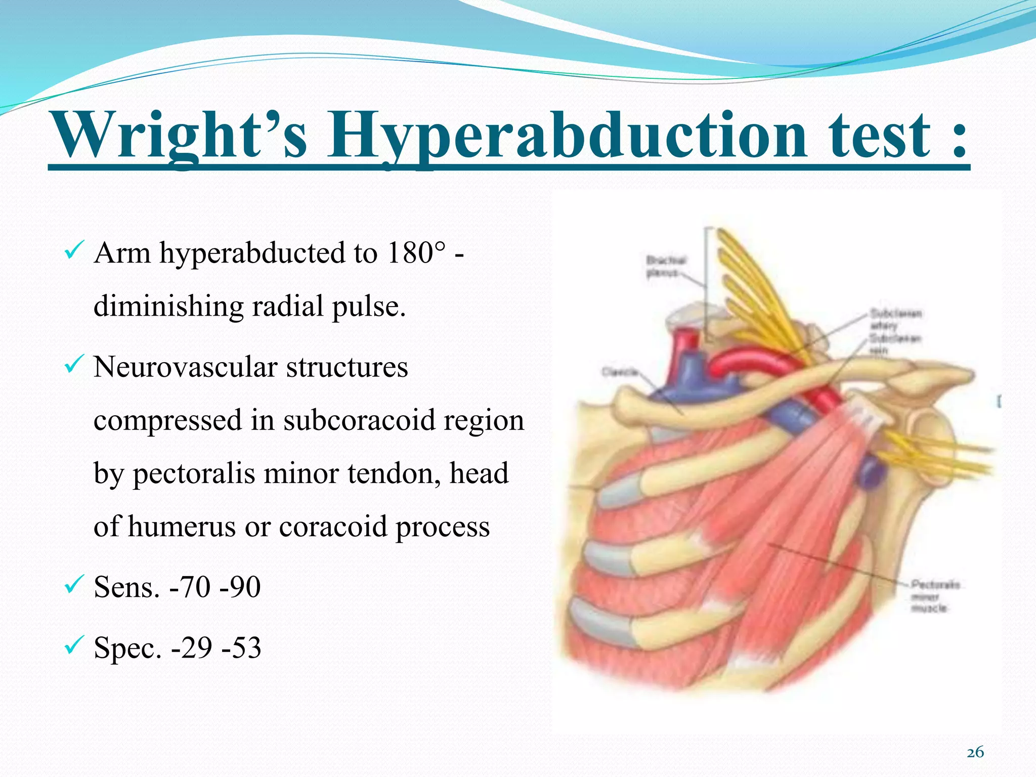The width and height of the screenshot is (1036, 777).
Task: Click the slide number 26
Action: pyautogui.click(x=975, y=753)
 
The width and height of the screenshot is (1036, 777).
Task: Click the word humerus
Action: pyautogui.click(x=182, y=527)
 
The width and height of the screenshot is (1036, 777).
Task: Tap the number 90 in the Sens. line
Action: pyautogui.click(x=244, y=587)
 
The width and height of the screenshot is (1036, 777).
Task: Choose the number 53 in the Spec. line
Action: pyautogui.click(x=245, y=647)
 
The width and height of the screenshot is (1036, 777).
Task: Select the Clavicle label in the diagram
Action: pyautogui.click(x=619, y=372)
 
